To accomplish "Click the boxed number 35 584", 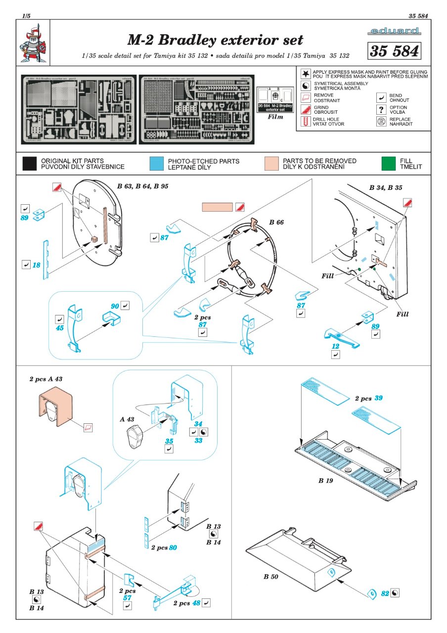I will point(394,51).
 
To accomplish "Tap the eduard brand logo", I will point(395,32).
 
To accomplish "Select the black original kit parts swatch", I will point(30,164).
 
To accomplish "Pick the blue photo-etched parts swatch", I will point(156,164).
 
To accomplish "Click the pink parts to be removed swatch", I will point(271,164).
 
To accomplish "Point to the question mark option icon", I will point(381,109).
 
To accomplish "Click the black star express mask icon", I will point(306,75).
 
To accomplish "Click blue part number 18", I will point(36,266).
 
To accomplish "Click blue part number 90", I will point(115,307).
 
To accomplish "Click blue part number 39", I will point(379,398).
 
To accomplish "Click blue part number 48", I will point(197,603).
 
